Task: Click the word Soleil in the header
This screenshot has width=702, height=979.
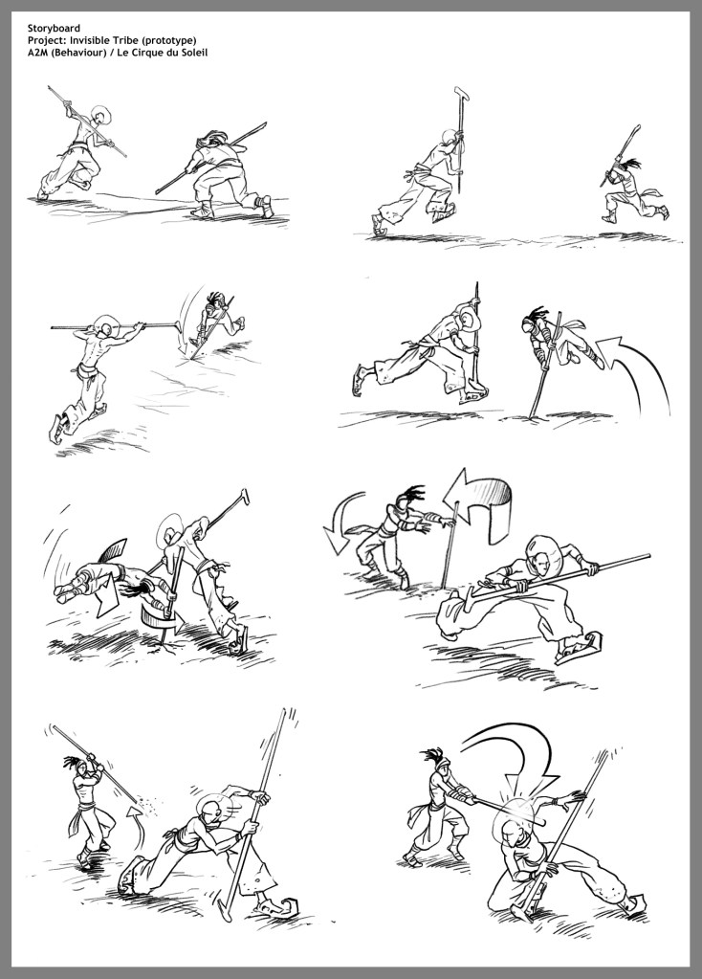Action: pyautogui.click(x=193, y=53)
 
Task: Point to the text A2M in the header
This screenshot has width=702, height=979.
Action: pyautogui.click(x=36, y=53)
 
